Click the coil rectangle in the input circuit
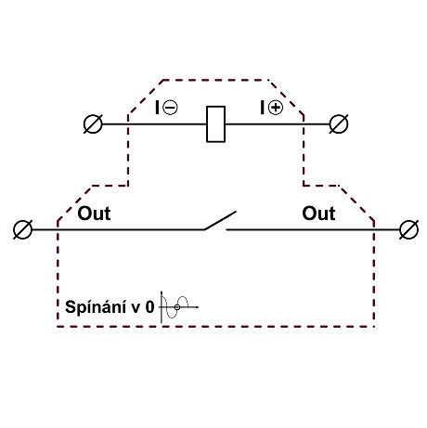(x=215, y=124)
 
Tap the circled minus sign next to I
(x=170, y=108)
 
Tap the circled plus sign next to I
(x=275, y=108)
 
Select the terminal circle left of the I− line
(x=93, y=124)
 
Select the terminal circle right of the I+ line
(x=339, y=124)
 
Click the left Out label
(x=94, y=214)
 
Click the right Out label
(x=318, y=214)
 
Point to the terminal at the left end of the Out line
(x=23, y=229)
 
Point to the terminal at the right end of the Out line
(x=409, y=229)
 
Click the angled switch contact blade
(x=220, y=221)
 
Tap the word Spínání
(x=96, y=307)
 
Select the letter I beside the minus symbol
(x=158, y=108)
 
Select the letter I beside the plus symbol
(x=263, y=108)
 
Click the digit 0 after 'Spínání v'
(x=149, y=307)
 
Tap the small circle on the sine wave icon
(x=177, y=307)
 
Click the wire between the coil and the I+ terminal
(x=278, y=124)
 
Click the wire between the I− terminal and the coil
(x=154, y=124)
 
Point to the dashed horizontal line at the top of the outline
(x=215, y=80)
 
